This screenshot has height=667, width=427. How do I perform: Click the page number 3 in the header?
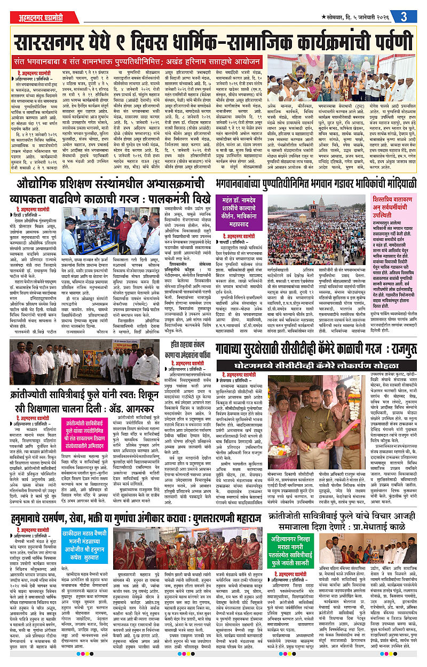[x=404, y=16]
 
